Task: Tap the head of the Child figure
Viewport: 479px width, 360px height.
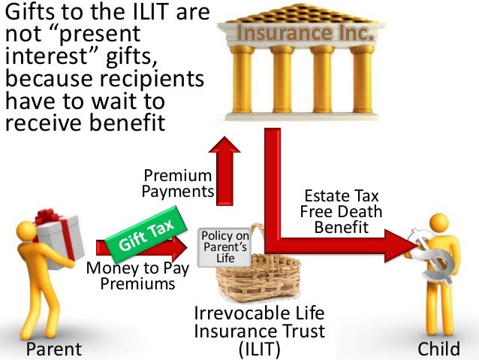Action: [440, 225]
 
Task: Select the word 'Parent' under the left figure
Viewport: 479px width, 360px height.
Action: [53, 349]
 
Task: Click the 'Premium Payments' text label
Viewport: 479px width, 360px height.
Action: [177, 183]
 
